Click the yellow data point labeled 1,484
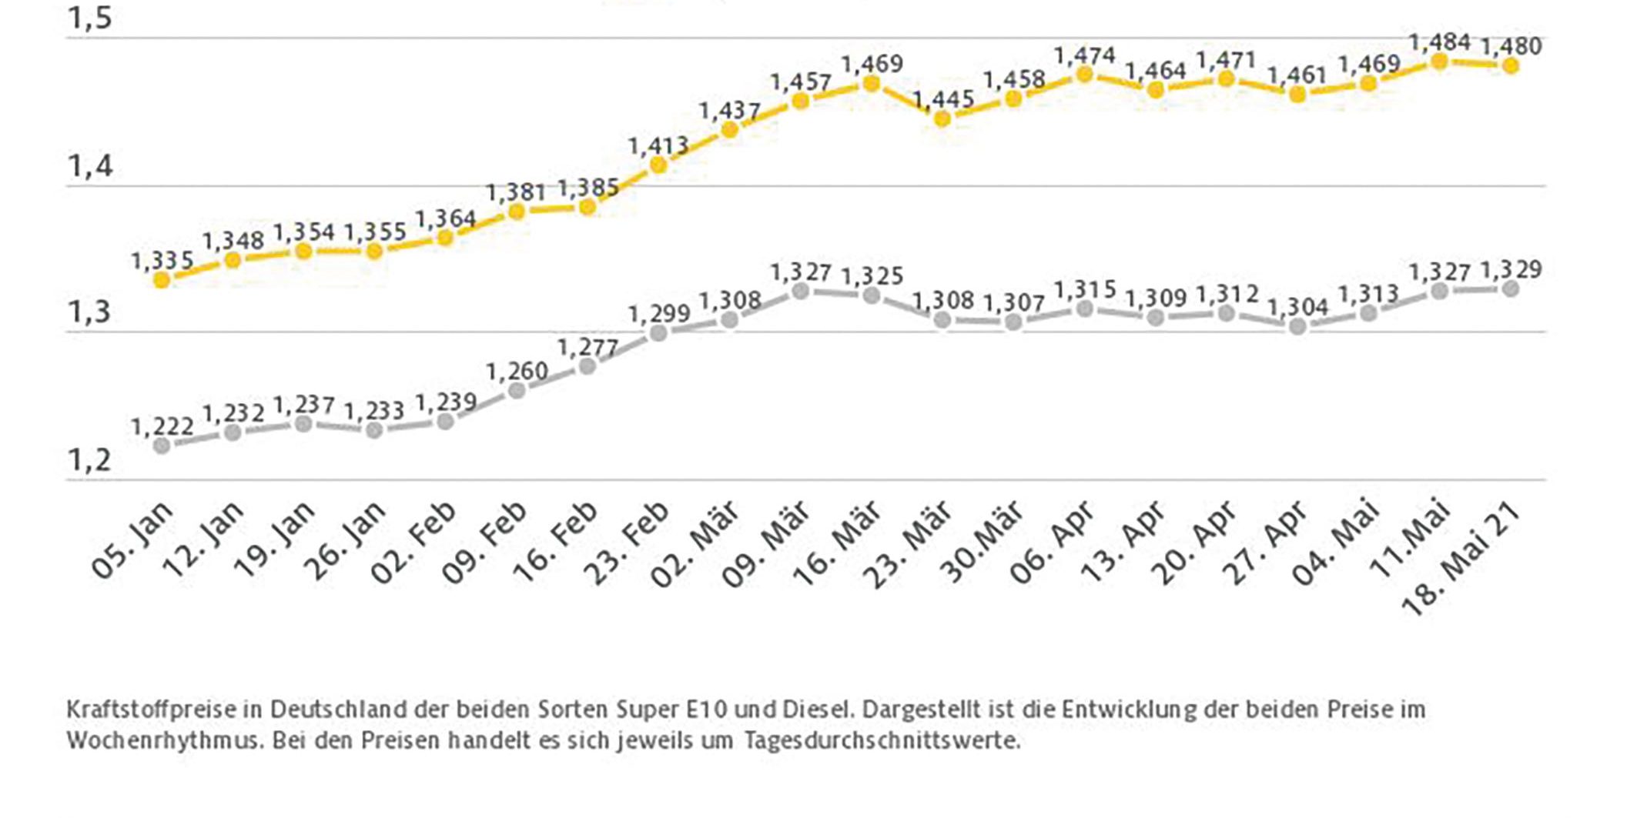(1439, 62)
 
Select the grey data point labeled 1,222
(162, 446)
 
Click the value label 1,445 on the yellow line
(943, 99)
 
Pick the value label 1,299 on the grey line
(658, 314)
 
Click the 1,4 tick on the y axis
(90, 166)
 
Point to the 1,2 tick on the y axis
(90, 460)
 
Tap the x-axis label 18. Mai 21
(1461, 559)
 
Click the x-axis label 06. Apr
(1053, 543)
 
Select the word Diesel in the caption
(817, 709)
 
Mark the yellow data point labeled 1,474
(1084, 75)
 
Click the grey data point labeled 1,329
(1511, 289)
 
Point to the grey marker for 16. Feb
(588, 366)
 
